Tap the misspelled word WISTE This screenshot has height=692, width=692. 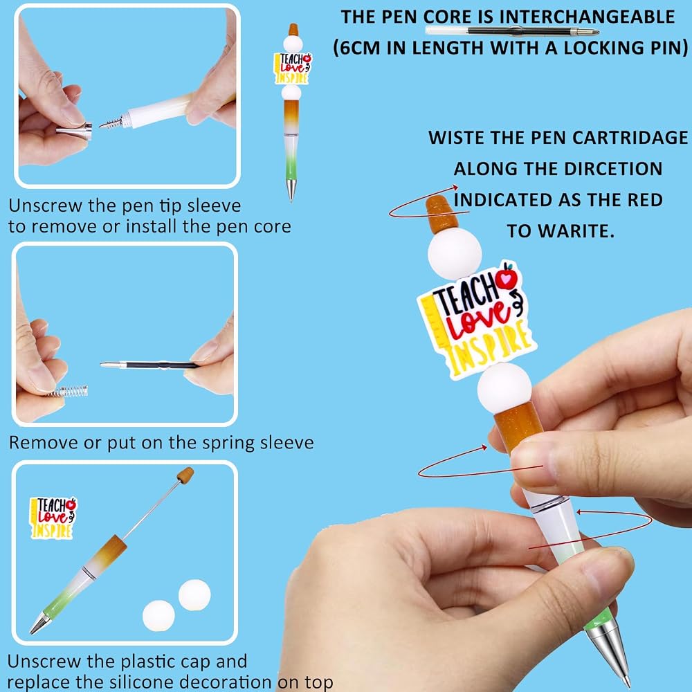[x=455, y=138]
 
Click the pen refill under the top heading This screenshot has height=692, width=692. [x=512, y=31]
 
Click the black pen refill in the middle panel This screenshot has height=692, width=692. [x=149, y=365]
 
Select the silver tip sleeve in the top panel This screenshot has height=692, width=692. [x=74, y=131]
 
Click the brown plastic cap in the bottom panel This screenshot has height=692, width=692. [x=185, y=475]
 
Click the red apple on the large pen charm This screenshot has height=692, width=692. [x=507, y=278]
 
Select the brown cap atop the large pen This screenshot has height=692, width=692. [x=440, y=215]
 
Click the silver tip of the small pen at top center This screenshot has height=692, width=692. [x=291, y=190]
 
